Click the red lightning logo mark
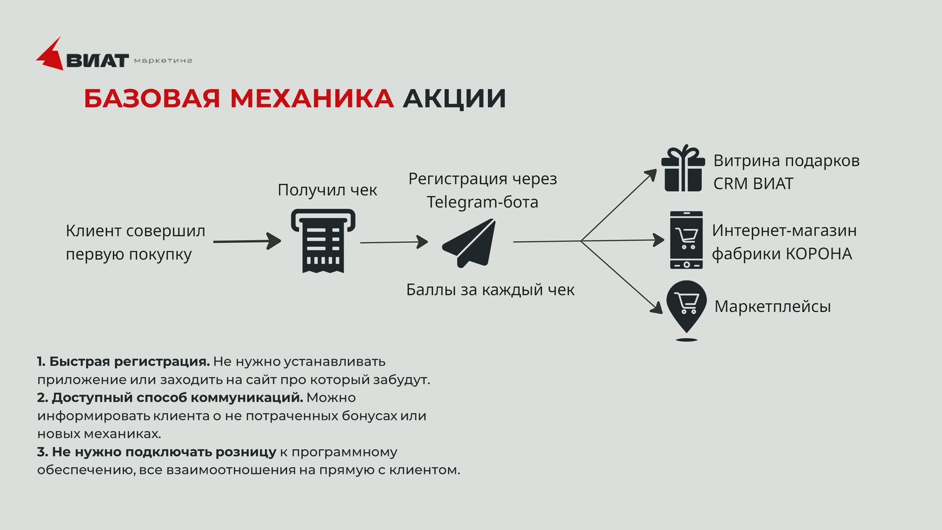pos(50,56)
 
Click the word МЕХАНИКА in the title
pos(312,99)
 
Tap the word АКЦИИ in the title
pos(454,99)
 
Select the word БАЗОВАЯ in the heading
pos(152,99)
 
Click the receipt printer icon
pos(323,241)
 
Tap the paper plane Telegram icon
pos(469,243)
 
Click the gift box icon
pos(683,168)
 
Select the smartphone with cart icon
pos(686,240)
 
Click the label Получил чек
pos(327,190)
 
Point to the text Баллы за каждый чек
pos(490,290)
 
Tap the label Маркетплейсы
pos(773,306)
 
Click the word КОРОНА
pos(819,254)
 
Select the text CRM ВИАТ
pos(753,183)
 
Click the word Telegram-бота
pos(482,202)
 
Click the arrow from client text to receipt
pos(247,241)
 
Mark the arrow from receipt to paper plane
pos(394,242)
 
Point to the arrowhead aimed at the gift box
pos(651,174)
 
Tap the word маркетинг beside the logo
pos(163,61)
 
